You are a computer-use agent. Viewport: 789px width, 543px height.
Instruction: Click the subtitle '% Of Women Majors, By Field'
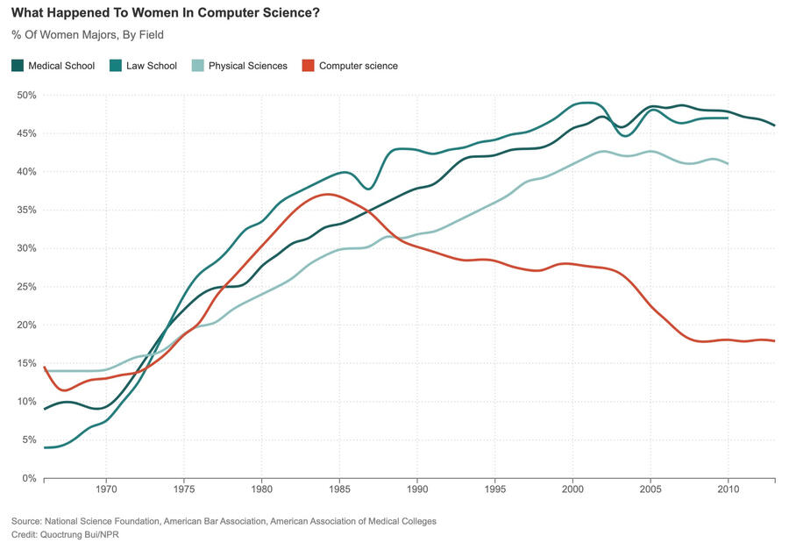coord(88,35)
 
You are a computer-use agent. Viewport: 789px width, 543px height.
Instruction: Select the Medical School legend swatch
coord(18,66)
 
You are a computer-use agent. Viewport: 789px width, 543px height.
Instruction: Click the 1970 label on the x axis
coord(106,489)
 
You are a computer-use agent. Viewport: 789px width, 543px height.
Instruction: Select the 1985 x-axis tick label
coord(339,489)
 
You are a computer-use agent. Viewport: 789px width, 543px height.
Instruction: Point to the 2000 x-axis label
coord(572,489)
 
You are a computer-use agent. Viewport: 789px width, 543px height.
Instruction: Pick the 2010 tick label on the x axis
coord(728,489)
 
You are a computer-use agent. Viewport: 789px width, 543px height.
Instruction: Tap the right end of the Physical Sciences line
coord(728,163)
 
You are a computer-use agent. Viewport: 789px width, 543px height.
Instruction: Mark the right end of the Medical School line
coord(775,125)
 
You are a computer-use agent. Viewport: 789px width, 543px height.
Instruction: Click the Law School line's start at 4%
coord(46,447)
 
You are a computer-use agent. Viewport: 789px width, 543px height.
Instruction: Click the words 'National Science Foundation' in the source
coord(103,521)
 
